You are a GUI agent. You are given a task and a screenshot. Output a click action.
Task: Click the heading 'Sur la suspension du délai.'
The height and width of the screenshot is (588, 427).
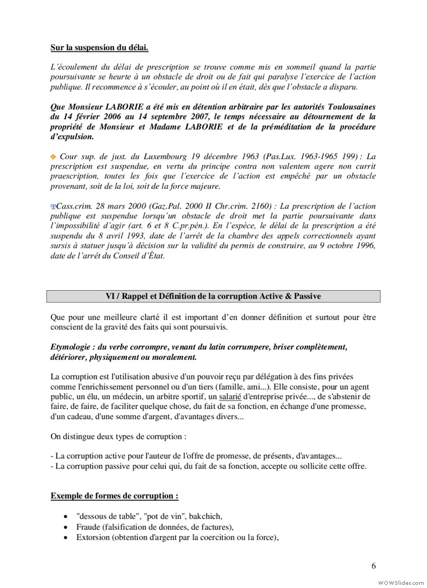coord(99,48)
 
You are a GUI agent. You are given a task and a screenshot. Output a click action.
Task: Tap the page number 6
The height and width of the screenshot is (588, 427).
coord(373,566)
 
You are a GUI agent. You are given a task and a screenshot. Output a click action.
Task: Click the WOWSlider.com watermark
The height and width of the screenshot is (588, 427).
coord(400,581)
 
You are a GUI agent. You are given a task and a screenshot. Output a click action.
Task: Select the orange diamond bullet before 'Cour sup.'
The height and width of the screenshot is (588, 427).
coord(53,157)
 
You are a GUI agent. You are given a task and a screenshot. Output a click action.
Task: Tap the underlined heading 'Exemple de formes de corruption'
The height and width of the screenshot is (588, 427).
coord(114,496)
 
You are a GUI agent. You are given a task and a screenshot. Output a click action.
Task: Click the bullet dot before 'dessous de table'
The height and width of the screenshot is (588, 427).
coord(65,517)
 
